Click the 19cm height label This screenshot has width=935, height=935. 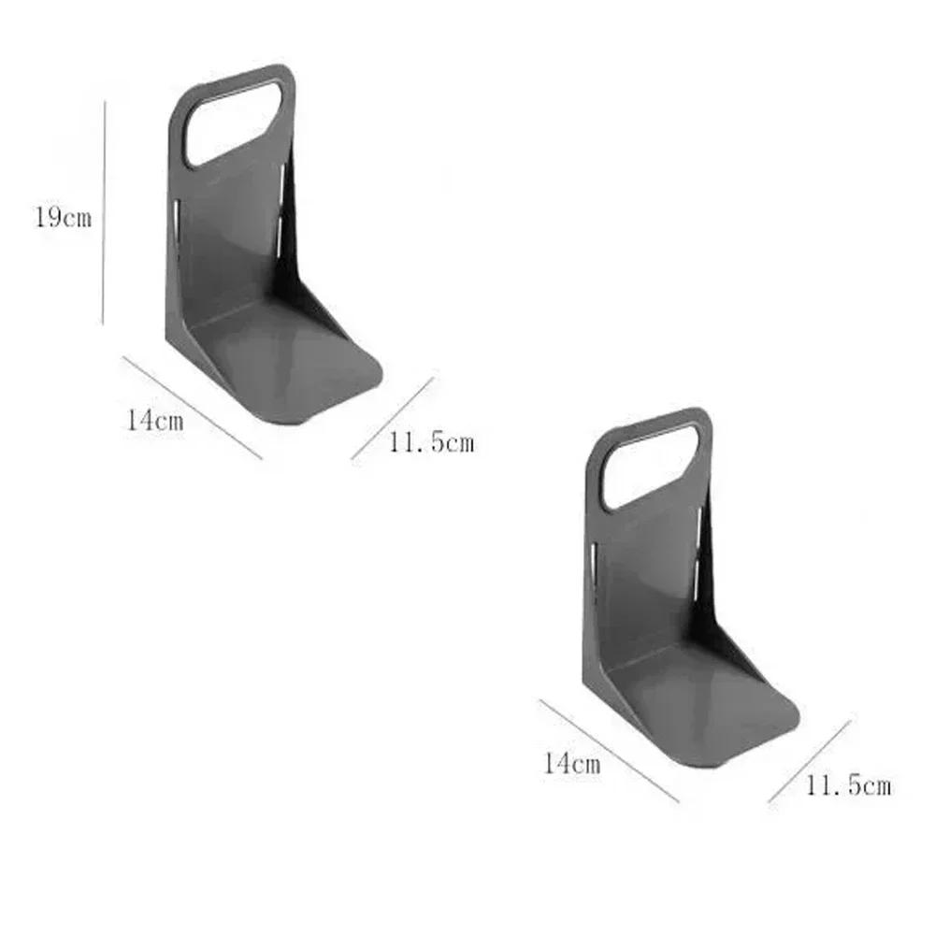pyautogui.click(x=63, y=219)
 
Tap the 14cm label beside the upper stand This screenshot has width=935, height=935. pyautogui.click(x=155, y=420)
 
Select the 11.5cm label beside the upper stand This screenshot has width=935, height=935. pyautogui.click(x=431, y=442)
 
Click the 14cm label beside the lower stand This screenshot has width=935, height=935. pyautogui.click(x=571, y=763)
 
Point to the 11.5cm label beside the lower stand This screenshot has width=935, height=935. pyautogui.click(x=848, y=785)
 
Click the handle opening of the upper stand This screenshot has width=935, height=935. pyautogui.click(x=232, y=124)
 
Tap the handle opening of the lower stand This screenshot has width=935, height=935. pyautogui.click(x=649, y=467)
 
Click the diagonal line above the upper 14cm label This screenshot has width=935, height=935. pyautogui.click(x=192, y=408)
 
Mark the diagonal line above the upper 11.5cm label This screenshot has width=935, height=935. pyautogui.click(x=392, y=418)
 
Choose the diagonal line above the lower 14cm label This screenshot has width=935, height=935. pyautogui.click(x=609, y=751)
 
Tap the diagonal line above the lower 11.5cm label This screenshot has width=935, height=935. pyautogui.click(x=809, y=761)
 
